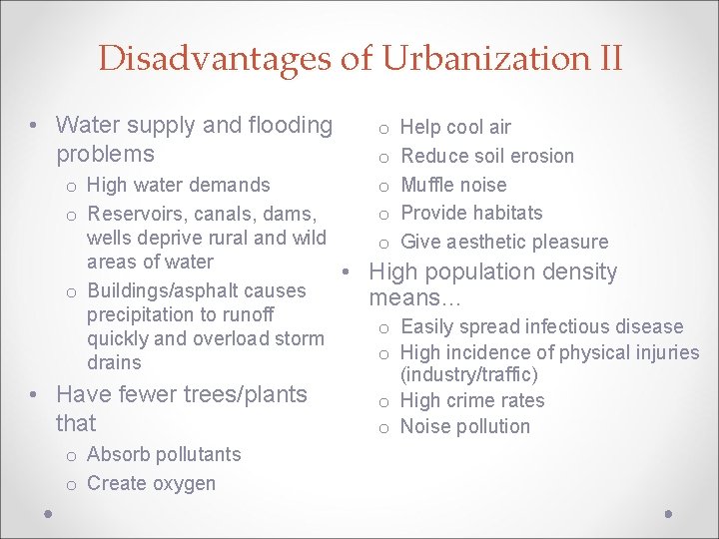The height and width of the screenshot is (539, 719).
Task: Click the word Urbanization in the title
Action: pos(476,58)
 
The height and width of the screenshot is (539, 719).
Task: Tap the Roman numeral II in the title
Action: pos(606,58)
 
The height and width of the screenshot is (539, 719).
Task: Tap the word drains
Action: pos(114,362)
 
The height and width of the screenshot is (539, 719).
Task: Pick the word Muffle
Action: pos(427,185)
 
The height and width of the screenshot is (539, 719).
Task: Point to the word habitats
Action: pos(508,213)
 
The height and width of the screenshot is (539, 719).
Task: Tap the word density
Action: pos(581,271)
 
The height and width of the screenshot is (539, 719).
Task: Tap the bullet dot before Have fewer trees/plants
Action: pos(34,395)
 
